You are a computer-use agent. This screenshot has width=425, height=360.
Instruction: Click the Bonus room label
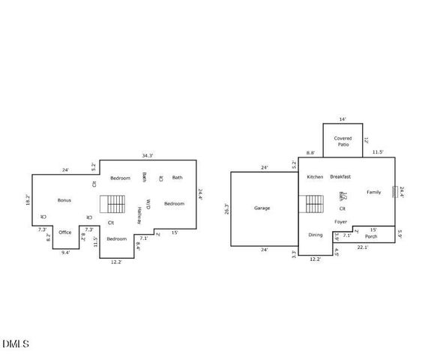64,200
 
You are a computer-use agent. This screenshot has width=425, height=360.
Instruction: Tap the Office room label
65,232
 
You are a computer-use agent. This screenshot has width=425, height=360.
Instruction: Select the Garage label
262,208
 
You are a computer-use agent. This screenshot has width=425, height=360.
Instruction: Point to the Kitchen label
315,176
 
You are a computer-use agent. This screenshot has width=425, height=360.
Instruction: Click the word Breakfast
340,176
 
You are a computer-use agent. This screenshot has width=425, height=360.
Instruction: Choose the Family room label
373,192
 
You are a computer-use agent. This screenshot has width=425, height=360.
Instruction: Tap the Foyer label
340,221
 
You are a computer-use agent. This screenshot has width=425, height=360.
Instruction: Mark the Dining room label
316,235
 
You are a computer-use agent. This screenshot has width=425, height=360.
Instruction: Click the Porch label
370,237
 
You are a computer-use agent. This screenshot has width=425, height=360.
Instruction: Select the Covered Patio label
343,141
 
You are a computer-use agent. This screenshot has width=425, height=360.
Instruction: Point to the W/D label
148,203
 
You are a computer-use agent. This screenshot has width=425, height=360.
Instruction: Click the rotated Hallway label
139,216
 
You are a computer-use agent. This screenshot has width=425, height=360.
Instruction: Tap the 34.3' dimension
148,155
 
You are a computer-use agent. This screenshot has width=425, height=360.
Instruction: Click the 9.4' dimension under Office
65,253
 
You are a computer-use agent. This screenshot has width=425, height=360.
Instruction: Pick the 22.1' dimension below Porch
362,247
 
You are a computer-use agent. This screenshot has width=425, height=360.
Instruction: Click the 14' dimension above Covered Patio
343,119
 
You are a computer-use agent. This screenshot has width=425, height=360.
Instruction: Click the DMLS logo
16,344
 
